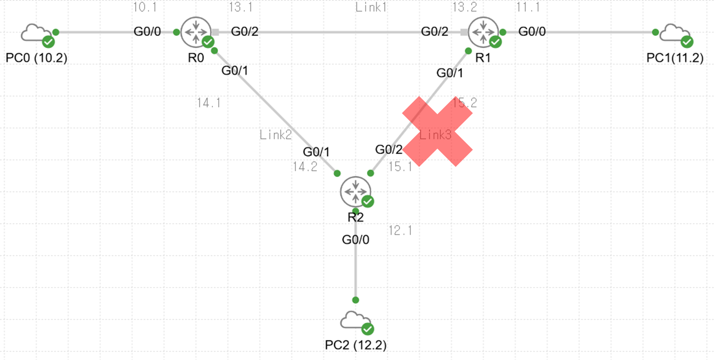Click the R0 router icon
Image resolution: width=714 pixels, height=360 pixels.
point(196,32)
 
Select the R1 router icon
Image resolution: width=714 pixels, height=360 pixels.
point(483,32)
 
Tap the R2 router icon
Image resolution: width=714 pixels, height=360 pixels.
point(355,191)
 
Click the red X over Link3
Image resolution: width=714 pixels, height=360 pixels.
point(437,132)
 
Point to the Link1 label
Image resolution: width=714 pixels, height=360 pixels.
point(370,7)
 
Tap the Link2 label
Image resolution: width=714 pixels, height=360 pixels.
point(276,135)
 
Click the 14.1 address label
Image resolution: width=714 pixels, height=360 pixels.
point(209,103)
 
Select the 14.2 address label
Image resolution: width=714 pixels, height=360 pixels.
point(305,167)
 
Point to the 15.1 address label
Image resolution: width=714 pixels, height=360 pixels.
point(400,167)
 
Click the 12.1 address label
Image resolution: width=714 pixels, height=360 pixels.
point(400,231)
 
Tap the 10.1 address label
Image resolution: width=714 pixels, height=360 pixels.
point(145,7)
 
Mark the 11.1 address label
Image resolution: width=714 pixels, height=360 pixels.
point(528,7)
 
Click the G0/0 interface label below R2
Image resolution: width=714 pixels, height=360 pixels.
point(355,239)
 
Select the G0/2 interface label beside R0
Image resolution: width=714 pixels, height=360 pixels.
point(245,31)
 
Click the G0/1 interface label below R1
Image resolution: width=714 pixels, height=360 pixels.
point(449,73)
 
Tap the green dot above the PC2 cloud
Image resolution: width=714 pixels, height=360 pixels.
point(355,300)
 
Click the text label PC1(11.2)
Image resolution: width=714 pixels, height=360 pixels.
point(675,58)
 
